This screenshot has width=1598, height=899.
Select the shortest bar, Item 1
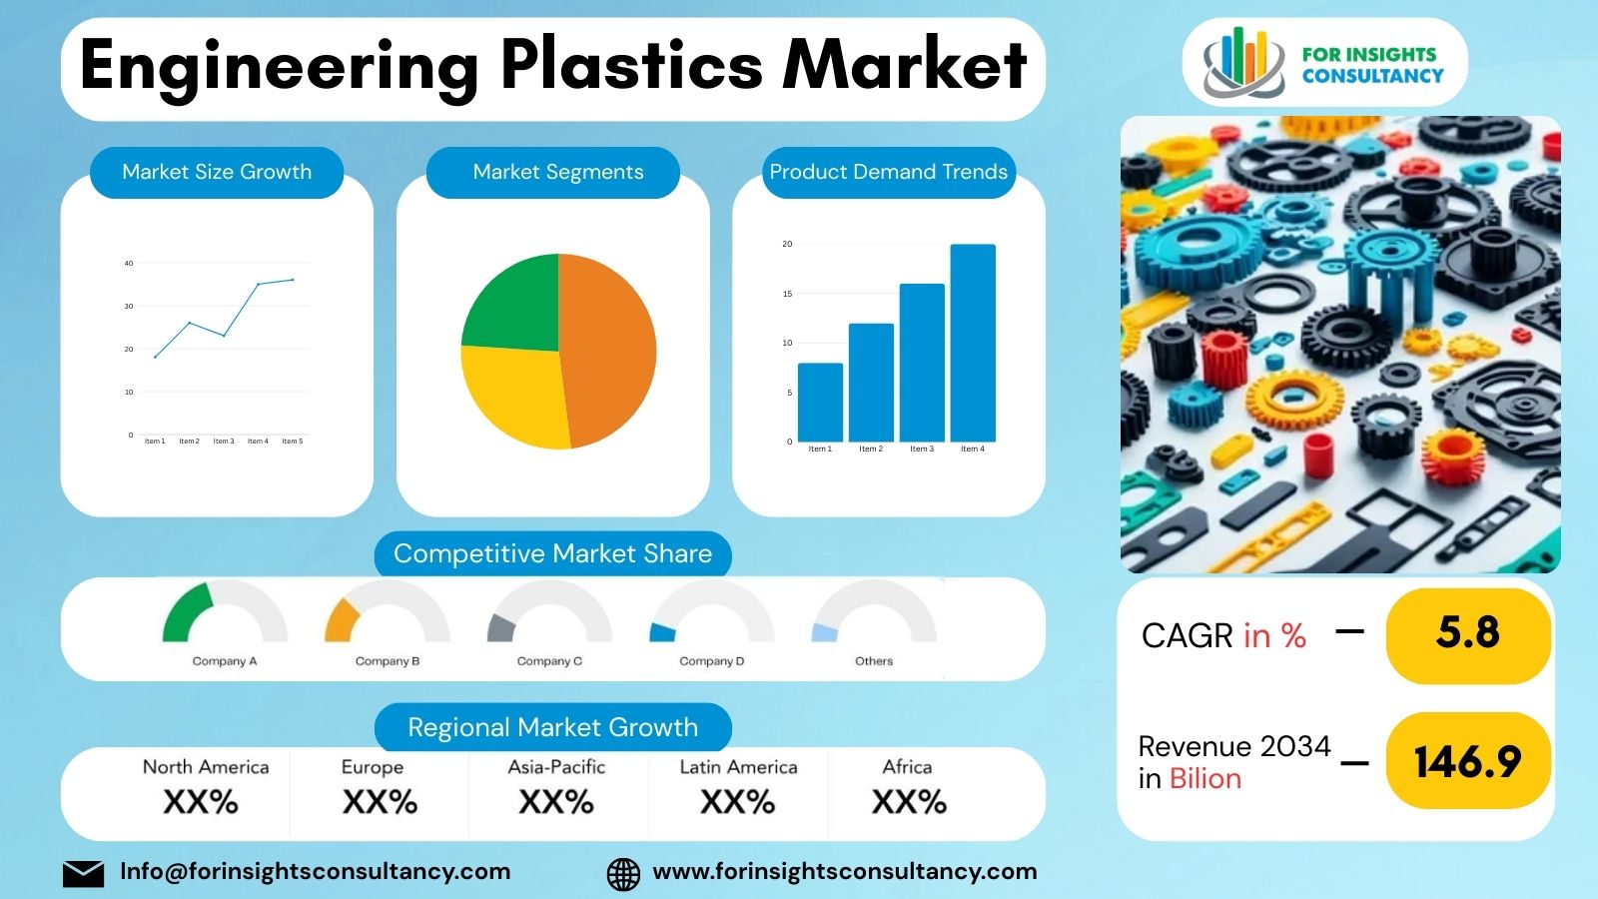[820, 402]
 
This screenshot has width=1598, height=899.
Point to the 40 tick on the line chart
[129, 264]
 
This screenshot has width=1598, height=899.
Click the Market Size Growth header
[217, 172]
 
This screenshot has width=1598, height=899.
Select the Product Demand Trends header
[888, 172]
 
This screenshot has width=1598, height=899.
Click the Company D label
[711, 661]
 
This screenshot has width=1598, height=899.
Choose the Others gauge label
[874, 661]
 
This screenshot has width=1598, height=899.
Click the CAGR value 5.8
[1467, 633]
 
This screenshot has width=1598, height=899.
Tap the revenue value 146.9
[1467, 762]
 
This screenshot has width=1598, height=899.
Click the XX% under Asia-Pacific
[556, 801]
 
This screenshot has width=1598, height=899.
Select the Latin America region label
[738, 767]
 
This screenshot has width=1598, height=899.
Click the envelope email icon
[83, 873]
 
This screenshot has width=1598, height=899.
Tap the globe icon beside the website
[623, 873]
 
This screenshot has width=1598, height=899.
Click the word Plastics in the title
[631, 66]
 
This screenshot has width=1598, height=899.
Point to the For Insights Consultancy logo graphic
[1242, 62]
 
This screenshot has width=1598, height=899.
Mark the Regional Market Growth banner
[552, 727]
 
